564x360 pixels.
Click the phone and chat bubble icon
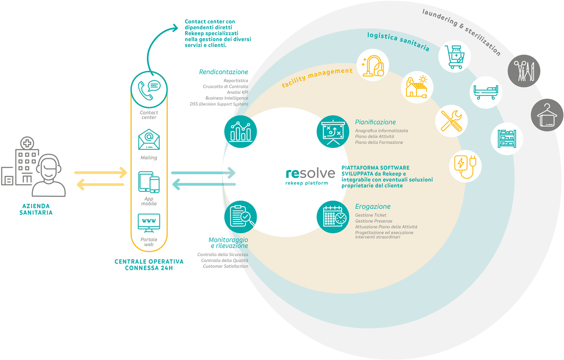[x=149, y=90]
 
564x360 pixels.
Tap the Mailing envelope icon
[x=149, y=140]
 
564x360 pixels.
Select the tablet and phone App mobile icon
[x=149, y=182]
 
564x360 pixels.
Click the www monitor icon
[x=149, y=223]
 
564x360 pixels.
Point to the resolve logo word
[x=310, y=173]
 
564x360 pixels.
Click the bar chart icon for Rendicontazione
[x=241, y=132]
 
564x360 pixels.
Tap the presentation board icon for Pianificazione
[x=333, y=132]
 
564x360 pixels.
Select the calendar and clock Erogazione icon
[x=333, y=217]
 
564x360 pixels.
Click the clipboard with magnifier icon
[x=241, y=217]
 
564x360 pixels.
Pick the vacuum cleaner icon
[x=373, y=65]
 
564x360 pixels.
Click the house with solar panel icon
[x=417, y=87]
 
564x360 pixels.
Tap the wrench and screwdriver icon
[x=452, y=121]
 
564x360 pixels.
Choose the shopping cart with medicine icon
[x=454, y=57]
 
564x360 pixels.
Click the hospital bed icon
[x=486, y=93]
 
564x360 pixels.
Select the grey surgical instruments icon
[x=524, y=71]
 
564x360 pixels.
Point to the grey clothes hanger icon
[x=547, y=115]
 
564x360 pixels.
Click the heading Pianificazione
[x=375, y=122]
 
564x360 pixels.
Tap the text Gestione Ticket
[x=371, y=215]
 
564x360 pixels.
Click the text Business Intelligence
[x=227, y=98]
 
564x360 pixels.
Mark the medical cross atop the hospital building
[x=27, y=143]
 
